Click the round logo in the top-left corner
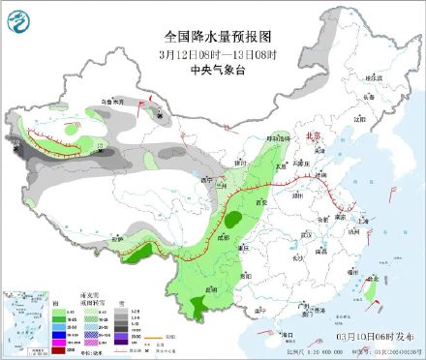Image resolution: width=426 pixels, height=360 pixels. (19, 19)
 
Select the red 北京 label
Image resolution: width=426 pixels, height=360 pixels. (312, 138)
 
